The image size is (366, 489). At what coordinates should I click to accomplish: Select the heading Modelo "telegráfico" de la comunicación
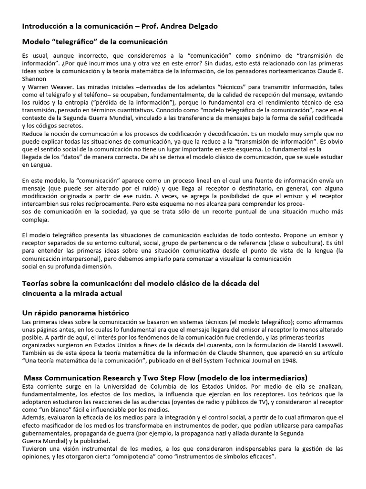(95, 42)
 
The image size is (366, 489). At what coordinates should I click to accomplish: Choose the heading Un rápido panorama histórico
(76, 313)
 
